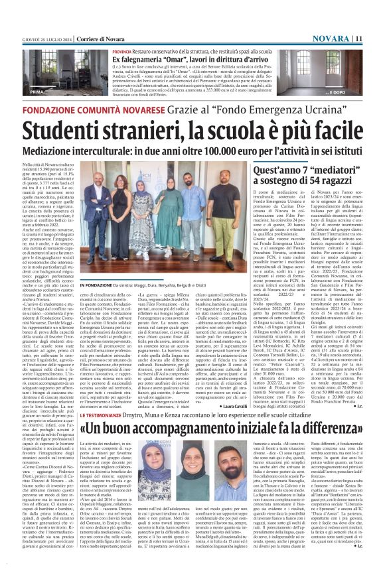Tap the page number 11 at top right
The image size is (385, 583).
376,5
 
